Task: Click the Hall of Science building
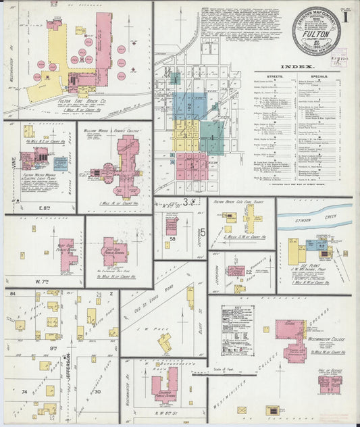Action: point(330,384)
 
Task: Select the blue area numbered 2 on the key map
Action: point(188,105)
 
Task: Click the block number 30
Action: point(97,392)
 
